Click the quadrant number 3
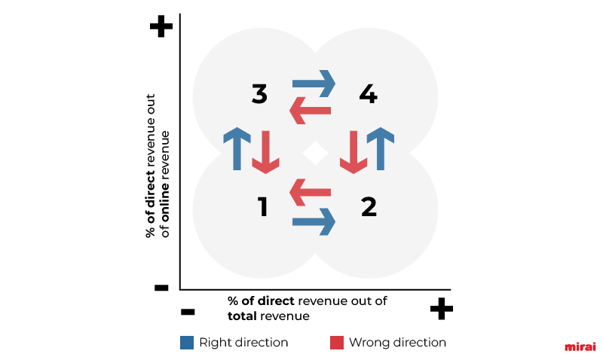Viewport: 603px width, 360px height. coord(259,94)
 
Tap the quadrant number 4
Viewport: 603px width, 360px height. coord(368,94)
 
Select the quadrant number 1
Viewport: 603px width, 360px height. coord(262,206)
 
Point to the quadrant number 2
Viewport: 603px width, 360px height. coord(369,206)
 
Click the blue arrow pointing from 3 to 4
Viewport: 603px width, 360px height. coord(314,84)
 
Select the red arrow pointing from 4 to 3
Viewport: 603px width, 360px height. coord(310,111)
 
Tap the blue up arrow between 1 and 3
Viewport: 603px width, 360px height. coord(237,148)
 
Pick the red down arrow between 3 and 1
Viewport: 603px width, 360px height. coord(266,152)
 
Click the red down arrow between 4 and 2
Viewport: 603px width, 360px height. coord(354,152)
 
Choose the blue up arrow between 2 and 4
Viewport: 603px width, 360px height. coord(381,148)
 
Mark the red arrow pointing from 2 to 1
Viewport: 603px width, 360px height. coord(310,192)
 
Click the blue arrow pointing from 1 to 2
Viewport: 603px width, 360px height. coord(314,221)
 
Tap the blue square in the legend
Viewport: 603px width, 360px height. coord(187,343)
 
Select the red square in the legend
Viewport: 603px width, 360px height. coord(337,343)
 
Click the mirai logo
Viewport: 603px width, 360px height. coord(580,346)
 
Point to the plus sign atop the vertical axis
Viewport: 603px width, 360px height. coord(161,26)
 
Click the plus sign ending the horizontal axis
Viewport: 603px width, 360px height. coord(442,309)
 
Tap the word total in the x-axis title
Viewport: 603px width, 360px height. coord(242,316)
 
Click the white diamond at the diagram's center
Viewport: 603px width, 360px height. coord(315,153)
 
